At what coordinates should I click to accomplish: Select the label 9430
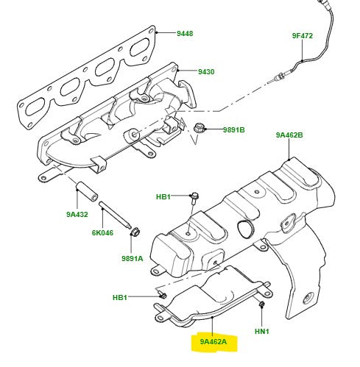pos(206,72)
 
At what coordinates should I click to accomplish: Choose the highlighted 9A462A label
pos(213,342)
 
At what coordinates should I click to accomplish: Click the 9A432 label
pos(77,215)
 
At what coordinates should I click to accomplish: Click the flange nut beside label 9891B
pos(199,129)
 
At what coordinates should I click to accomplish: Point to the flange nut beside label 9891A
pos(135,233)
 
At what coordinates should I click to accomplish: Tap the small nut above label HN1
pos(261,304)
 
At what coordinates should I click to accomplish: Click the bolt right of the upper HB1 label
pos(194,196)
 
